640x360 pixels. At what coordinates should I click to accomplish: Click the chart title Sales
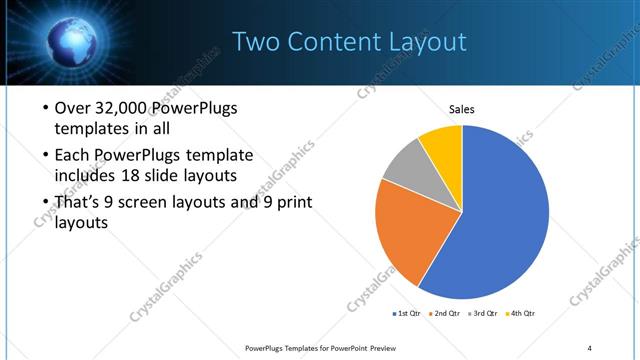461,109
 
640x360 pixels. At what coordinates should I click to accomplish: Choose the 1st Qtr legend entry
407,314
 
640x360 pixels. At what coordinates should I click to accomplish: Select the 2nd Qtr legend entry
445,314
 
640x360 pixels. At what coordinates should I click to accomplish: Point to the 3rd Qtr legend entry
484,314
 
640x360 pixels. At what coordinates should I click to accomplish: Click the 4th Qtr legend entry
522,314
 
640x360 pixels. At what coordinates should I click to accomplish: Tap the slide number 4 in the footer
590,347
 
